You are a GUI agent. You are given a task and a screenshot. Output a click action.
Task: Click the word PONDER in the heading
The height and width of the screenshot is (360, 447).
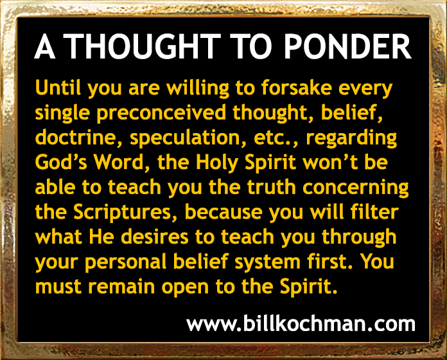point(347,46)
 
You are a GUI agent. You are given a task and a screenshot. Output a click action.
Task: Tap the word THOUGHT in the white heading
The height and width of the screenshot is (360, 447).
point(144,46)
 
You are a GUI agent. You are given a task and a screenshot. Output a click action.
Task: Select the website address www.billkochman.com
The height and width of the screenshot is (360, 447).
point(301,323)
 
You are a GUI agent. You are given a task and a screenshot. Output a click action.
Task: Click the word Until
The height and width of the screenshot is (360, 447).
point(60,87)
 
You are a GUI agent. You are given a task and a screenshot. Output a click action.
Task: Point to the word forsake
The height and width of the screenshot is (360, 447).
point(297,87)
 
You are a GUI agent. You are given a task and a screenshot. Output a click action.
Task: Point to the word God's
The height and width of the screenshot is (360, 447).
point(61,162)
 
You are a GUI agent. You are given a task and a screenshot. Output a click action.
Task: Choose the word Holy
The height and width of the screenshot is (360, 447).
point(216,163)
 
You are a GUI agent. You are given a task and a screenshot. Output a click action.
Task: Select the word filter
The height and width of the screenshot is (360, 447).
point(374,212)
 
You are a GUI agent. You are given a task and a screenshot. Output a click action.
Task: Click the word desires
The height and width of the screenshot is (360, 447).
point(155,237)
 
